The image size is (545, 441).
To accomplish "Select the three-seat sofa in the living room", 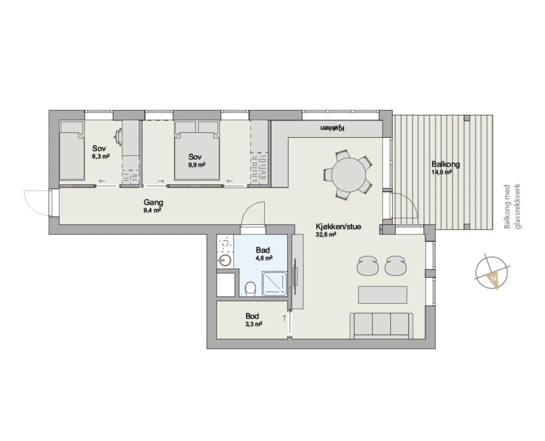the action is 382,325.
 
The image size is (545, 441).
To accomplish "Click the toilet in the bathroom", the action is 250,289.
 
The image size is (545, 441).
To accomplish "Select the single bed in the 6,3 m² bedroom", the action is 72,150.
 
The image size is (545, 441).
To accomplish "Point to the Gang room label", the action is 153,202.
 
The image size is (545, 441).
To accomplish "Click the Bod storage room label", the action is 252,316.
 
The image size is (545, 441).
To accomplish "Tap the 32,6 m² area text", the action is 326,234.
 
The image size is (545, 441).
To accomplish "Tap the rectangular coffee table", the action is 383,294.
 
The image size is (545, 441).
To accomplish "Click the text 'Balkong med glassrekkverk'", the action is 513,207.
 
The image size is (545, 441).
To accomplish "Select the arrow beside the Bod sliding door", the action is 284,318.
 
